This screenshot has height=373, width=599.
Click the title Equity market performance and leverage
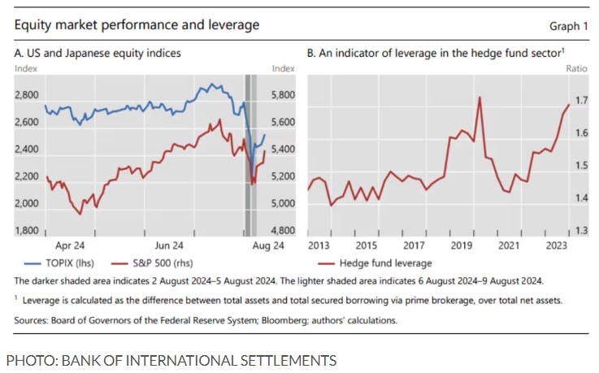(137, 25)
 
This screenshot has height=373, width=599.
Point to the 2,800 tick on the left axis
(28, 95)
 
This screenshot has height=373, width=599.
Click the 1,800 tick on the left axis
(28, 231)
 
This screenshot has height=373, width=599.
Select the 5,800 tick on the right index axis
(282, 95)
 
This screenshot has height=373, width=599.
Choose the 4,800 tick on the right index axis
(282, 231)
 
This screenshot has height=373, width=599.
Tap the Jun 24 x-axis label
(168, 245)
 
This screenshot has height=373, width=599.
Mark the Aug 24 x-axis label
(267, 245)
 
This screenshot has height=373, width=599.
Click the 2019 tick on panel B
(462, 245)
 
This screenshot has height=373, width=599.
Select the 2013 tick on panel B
(319, 245)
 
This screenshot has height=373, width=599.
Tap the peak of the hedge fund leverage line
(480, 98)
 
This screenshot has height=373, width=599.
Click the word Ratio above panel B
(575, 68)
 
